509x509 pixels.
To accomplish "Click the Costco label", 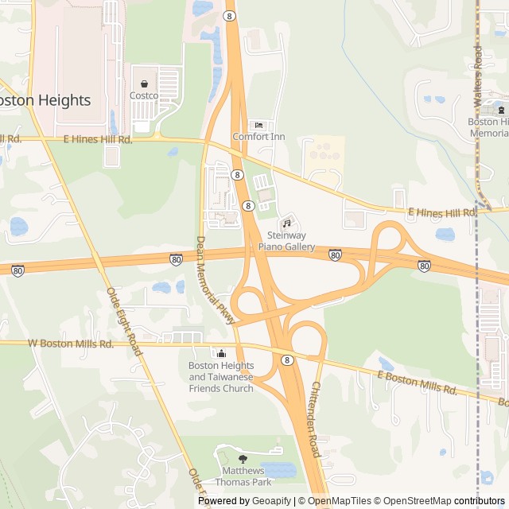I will [x=144, y=95].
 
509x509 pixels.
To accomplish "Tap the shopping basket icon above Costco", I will [x=144, y=83].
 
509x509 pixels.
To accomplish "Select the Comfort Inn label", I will [x=258, y=137].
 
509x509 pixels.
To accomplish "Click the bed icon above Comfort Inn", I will [x=258, y=125].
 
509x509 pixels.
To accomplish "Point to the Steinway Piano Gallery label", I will [x=286, y=241].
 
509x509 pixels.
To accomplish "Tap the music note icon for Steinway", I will [x=286, y=223].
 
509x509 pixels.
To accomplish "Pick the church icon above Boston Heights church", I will [x=221, y=353].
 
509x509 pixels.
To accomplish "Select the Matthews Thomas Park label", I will [x=243, y=476].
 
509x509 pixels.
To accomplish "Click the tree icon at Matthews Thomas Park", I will [x=243, y=458].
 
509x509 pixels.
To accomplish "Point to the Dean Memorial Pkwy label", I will [x=215, y=279].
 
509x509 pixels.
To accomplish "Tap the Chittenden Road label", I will [x=314, y=418].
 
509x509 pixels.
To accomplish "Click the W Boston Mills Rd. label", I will [x=71, y=344].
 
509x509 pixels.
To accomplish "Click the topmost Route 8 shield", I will [x=229, y=15].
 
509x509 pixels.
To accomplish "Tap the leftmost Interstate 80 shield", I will [x=17, y=271].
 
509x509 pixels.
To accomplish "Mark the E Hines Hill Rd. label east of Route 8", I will [x=442, y=212].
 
